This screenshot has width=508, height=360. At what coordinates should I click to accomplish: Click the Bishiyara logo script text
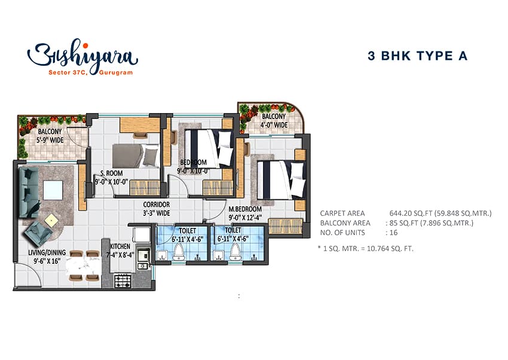pyautogui.click(x=82, y=55)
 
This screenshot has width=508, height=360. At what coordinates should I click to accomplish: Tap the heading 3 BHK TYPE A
pyautogui.click(x=418, y=56)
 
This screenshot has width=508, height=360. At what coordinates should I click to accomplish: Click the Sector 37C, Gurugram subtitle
pyautogui.click(x=91, y=72)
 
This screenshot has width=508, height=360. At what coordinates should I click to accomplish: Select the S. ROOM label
pyautogui.click(x=112, y=173)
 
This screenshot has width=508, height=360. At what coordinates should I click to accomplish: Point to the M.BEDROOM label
pyautogui.click(x=245, y=209)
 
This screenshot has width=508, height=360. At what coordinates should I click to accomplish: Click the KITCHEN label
pyautogui.click(x=120, y=246)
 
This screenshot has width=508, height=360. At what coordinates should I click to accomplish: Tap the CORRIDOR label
pyautogui.click(x=157, y=205)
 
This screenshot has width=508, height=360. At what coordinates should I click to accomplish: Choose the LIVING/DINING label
pyautogui.click(x=47, y=252)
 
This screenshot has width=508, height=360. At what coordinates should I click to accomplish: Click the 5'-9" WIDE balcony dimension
pyautogui.click(x=50, y=140)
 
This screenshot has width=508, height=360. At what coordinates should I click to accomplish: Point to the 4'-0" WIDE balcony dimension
pyautogui.click(x=274, y=125)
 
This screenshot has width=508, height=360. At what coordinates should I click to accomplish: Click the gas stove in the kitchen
pyautogui.click(x=123, y=281)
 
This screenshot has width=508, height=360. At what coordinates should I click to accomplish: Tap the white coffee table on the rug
pyautogui.click(x=53, y=190)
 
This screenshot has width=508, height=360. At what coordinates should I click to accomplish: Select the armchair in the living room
pyautogui.click(x=39, y=233)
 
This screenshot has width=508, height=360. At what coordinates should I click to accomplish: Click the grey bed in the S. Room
pyautogui.click(x=136, y=156)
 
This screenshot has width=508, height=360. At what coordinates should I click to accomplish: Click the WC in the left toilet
pyautogui.click(x=179, y=251)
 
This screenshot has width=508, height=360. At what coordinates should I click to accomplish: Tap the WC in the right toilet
pyautogui.click(x=235, y=251)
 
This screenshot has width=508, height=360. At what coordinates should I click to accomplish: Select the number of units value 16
pyautogui.click(x=394, y=233)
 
